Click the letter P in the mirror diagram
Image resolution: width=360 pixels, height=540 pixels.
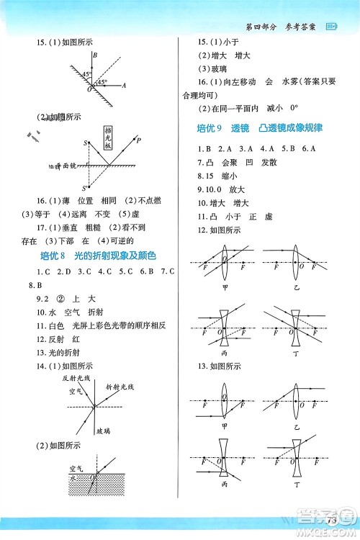(x=139, y=140)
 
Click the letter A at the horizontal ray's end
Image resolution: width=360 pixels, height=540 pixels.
(x=125, y=85)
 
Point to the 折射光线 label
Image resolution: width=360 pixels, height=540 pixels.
(x=121, y=387)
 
